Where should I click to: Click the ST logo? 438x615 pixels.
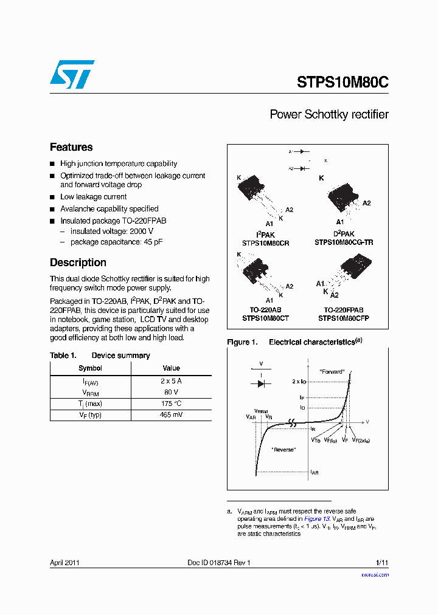click(x=72, y=74)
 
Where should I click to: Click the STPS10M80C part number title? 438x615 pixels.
click(x=342, y=83)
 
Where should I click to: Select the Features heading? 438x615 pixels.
click(x=71, y=147)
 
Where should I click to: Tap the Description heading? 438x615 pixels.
click(x=78, y=263)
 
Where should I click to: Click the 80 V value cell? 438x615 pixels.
click(x=171, y=392)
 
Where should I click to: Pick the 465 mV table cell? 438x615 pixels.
click(x=171, y=415)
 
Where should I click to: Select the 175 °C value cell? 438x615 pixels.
click(x=171, y=404)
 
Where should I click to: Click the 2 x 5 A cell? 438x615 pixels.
click(x=171, y=380)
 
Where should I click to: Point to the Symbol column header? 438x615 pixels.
click(x=90, y=368)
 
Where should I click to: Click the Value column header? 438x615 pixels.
click(x=171, y=368)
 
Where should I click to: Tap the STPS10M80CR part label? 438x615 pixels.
click(x=265, y=242)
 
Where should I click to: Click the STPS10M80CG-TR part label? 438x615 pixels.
click(x=344, y=242)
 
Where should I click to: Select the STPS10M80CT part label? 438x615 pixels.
click(x=265, y=318)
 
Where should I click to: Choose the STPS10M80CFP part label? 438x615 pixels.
click(x=344, y=318)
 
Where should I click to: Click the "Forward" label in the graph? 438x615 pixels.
click(x=332, y=371)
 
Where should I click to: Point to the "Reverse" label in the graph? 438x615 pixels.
click(x=283, y=449)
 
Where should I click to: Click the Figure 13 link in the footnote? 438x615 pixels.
click(x=316, y=519)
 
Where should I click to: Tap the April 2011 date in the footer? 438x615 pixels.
click(x=64, y=563)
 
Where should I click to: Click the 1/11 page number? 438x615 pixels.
click(x=382, y=563)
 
